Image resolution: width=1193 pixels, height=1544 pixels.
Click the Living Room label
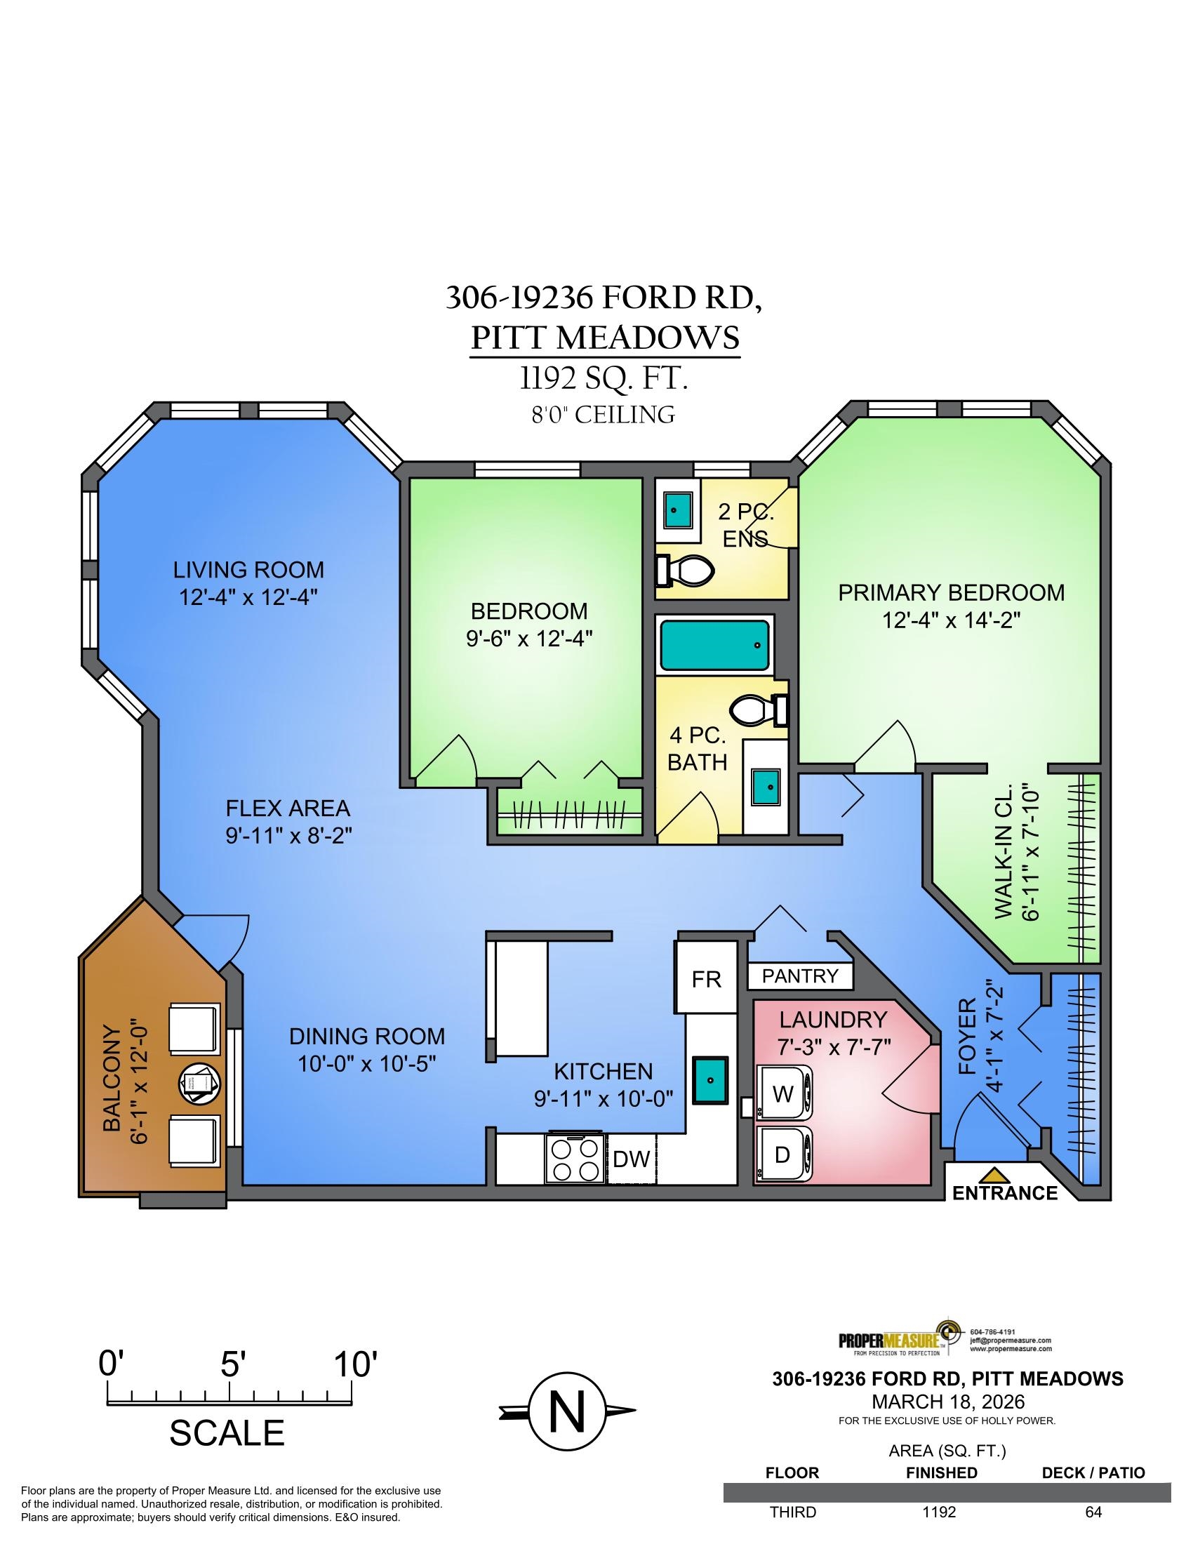pos(249,569)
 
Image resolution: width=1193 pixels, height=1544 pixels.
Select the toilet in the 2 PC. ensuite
pos(685,571)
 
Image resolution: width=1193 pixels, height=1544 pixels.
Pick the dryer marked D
pos(785,1154)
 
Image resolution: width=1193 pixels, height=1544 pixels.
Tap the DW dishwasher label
pos(630,1159)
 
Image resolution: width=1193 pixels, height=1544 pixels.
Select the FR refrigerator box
pos(706,978)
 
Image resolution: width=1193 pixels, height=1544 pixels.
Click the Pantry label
pos(800,976)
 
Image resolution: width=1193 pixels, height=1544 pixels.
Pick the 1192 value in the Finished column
pos(939,1512)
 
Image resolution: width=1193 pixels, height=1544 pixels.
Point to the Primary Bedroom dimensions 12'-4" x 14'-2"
pos(952,620)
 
